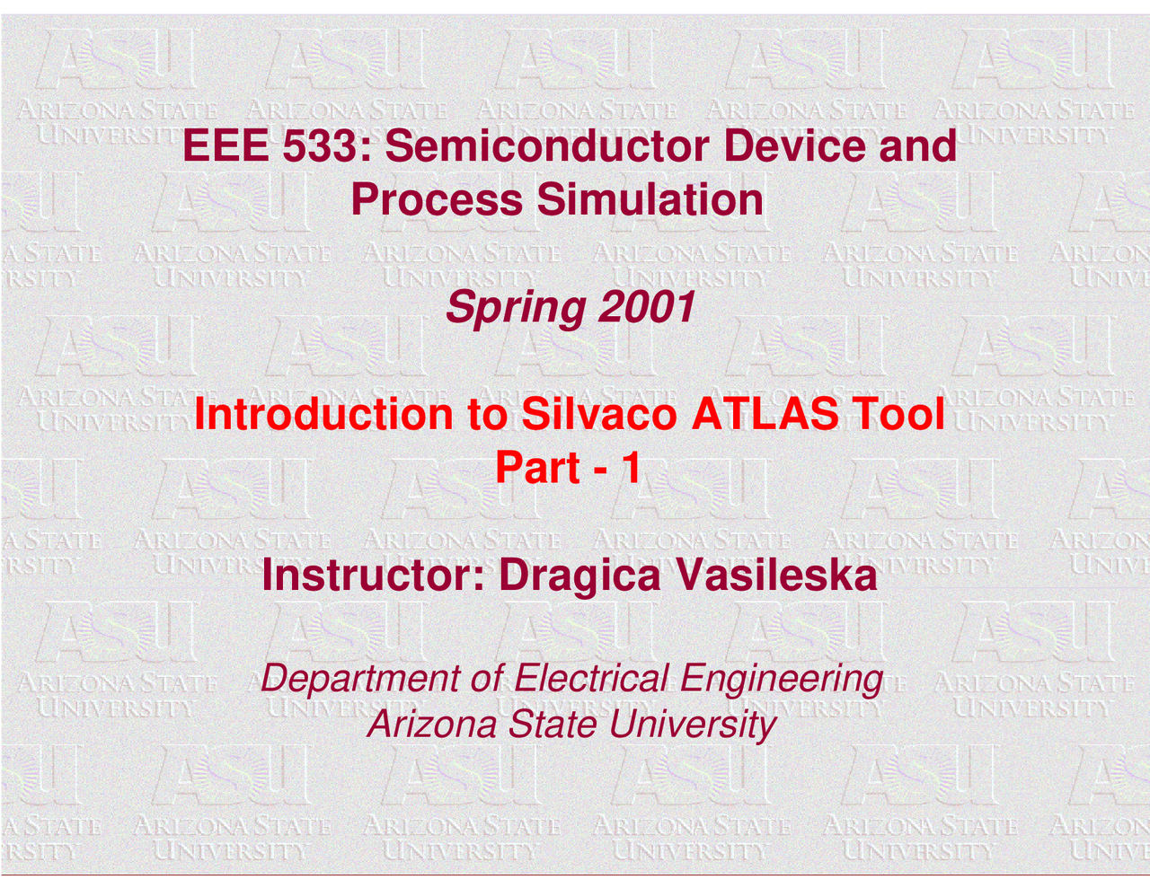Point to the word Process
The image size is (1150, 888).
point(436,200)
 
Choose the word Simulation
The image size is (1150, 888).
point(650,200)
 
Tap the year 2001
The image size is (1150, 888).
point(647,309)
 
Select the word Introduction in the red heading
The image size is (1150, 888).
point(323,415)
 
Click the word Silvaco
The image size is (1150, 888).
point(598,415)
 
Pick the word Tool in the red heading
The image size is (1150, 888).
point(898,415)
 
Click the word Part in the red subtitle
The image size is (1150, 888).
point(537,469)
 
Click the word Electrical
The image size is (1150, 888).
point(591,679)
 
